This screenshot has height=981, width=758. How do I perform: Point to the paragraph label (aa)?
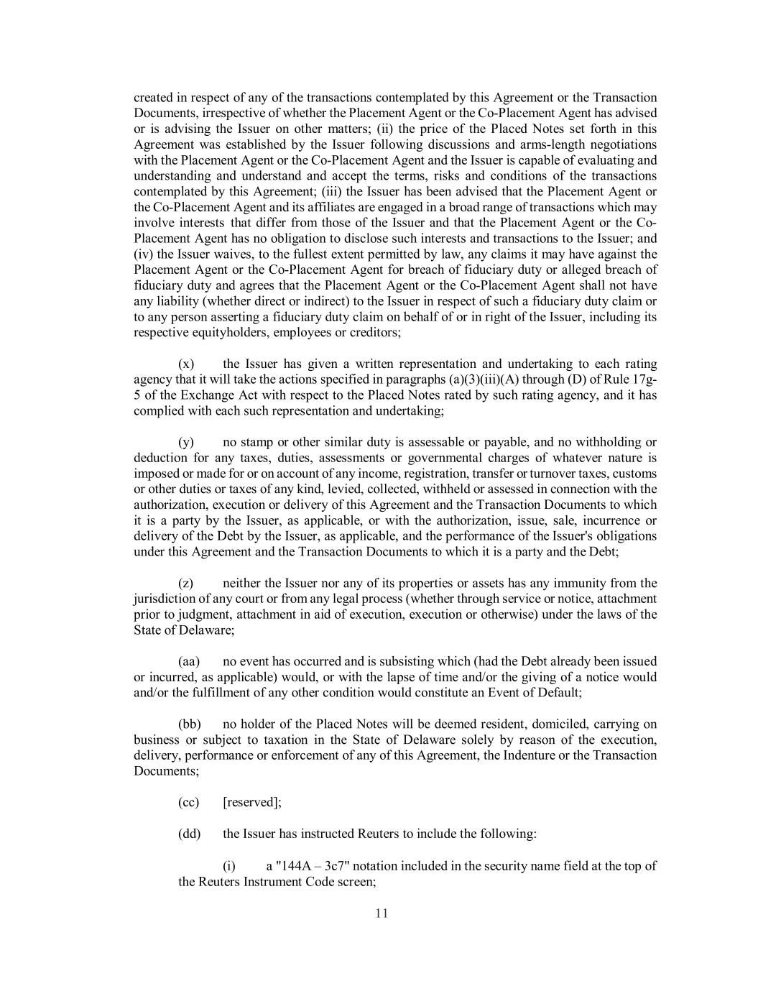[188, 661]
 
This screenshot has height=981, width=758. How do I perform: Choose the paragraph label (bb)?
[189, 724]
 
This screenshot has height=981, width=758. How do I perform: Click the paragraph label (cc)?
[188, 802]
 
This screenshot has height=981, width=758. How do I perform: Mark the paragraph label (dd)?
[189, 834]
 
